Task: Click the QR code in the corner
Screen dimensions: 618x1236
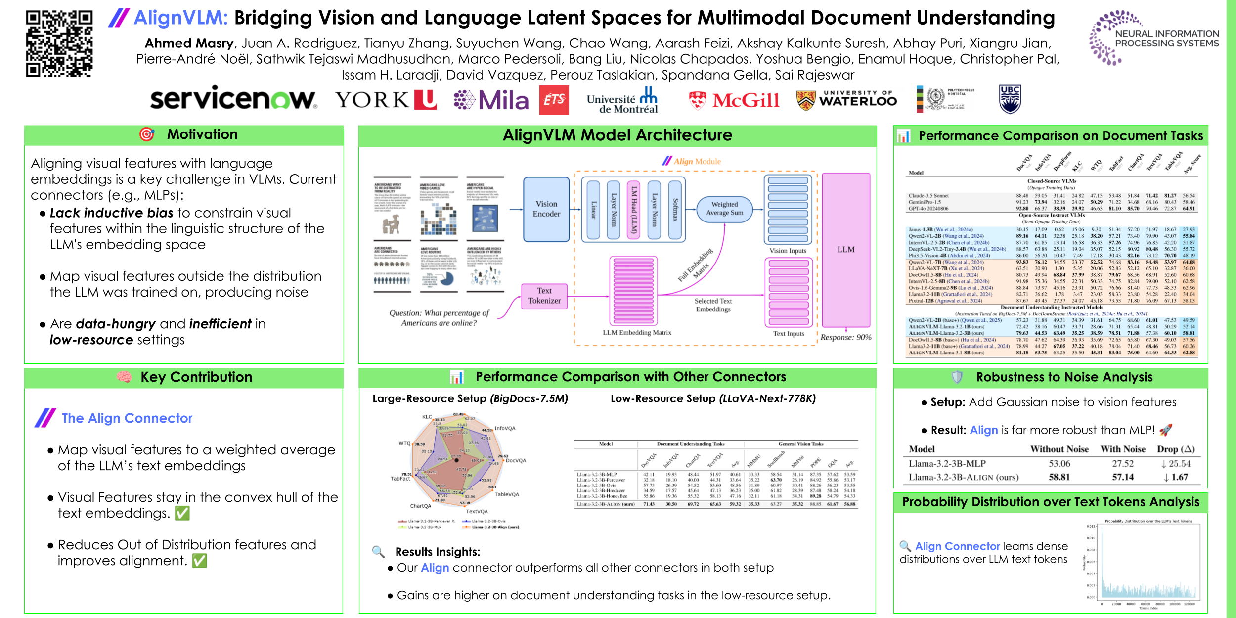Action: tap(59, 44)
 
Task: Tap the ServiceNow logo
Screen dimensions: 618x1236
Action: tap(233, 99)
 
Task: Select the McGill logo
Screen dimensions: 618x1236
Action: tap(735, 100)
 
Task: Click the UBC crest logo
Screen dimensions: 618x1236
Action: tap(1010, 99)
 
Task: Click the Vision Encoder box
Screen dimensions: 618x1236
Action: tap(546, 209)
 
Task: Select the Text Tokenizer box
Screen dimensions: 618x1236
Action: tap(544, 296)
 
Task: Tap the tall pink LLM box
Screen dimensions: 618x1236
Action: tap(846, 250)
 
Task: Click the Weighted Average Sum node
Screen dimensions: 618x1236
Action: tap(724, 209)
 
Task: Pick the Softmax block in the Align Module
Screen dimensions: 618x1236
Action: tap(675, 210)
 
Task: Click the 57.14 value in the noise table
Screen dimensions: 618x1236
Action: tap(1123, 477)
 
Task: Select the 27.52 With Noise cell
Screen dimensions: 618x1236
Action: tap(1123, 464)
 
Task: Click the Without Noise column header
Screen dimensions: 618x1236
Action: tap(1059, 449)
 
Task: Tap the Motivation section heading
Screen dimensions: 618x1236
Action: tap(202, 134)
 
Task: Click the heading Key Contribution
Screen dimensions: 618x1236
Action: tap(196, 377)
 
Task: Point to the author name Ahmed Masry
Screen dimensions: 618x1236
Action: tap(189, 44)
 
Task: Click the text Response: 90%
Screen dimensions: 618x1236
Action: tap(846, 337)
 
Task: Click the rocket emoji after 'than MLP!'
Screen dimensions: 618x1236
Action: tap(1165, 430)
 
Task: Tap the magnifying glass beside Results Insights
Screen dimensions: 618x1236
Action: tap(378, 552)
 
